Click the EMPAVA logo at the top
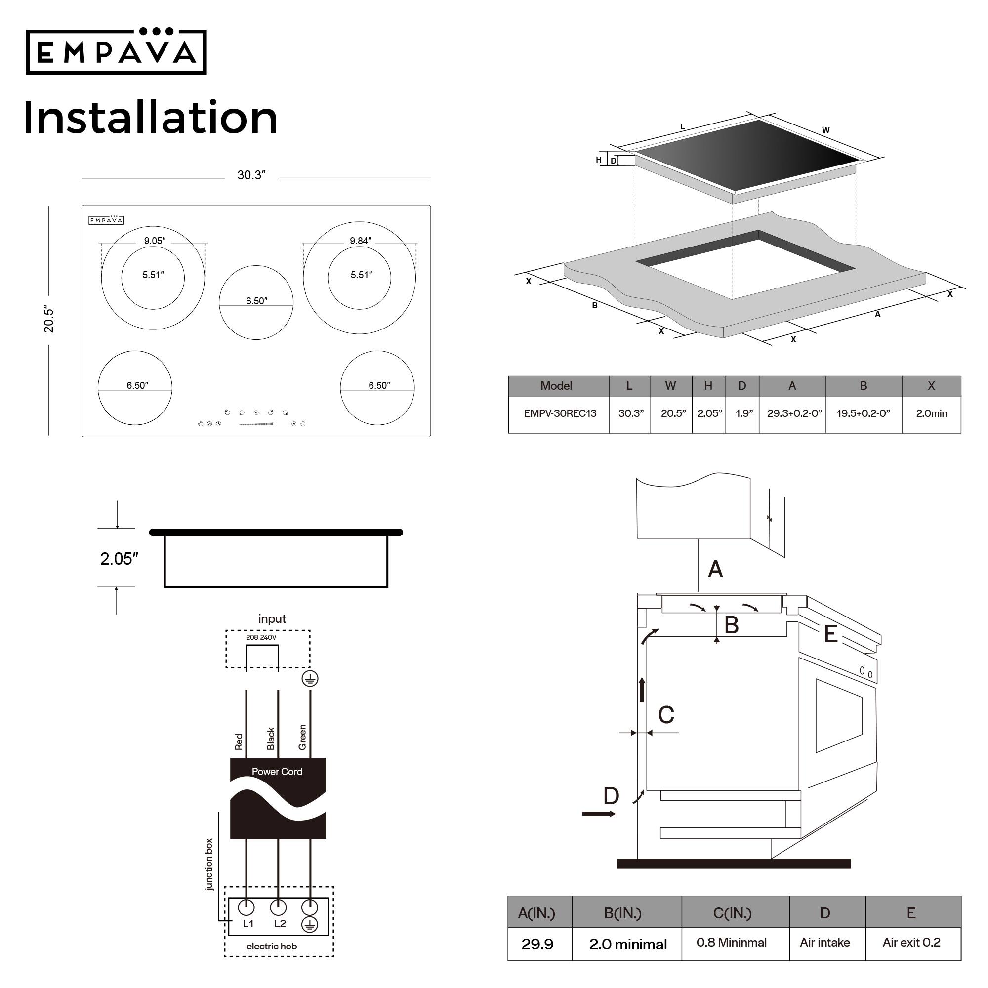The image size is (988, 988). tap(117, 52)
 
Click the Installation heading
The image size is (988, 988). tap(150, 118)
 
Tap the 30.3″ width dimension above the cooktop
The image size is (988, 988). tap(251, 175)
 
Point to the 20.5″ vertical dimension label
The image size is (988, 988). tap(49, 320)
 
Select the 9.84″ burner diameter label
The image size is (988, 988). tap(361, 241)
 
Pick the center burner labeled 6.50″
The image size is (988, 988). tap(256, 302)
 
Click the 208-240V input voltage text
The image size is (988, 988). tap(261, 638)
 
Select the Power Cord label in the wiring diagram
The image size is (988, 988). tap(277, 772)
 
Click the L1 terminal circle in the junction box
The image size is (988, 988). tap(247, 907)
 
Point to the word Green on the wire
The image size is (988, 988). tap(303, 738)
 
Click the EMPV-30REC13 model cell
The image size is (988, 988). tap(561, 413)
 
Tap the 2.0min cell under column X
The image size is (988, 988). tap(932, 413)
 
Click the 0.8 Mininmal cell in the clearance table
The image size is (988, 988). tap(732, 943)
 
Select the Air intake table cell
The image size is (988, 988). tap(825, 943)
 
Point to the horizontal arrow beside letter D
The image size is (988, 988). tap(599, 814)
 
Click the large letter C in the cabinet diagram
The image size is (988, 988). tap(666, 715)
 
